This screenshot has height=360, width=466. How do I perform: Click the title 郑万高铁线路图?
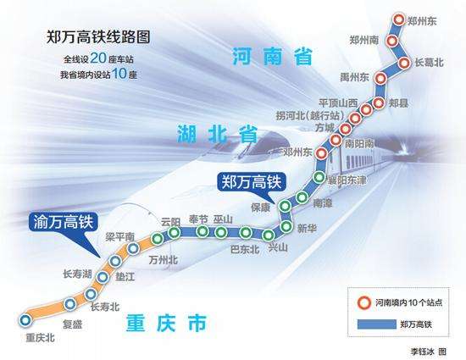click(98, 37)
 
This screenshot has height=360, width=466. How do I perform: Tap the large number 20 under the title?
click(98, 58)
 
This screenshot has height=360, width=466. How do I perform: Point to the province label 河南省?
click(272, 56)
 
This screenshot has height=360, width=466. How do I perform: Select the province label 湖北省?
click(217, 134)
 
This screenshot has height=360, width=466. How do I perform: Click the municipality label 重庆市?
click(166, 323)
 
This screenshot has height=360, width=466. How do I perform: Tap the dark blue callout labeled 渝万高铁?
click(64, 222)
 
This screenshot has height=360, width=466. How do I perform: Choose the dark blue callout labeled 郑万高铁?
click(252, 182)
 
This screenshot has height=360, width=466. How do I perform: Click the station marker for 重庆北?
click(25, 320)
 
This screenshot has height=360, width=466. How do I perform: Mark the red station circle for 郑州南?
click(392, 41)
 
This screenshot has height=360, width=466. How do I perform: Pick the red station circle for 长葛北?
click(404, 63)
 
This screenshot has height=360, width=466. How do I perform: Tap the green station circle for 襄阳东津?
click(319, 177)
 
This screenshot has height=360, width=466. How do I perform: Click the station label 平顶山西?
click(338, 103)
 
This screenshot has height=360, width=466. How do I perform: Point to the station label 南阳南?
click(359, 144)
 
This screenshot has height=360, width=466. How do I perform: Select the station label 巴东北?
click(245, 250)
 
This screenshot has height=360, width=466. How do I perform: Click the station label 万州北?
click(164, 260)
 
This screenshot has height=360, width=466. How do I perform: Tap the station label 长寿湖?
click(77, 274)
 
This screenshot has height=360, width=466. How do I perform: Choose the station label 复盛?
click(72, 324)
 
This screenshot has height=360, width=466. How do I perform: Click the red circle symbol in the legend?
click(364, 302)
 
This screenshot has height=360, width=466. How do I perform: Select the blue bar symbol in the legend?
click(376, 324)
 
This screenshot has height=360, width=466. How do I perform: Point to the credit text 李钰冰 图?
click(428, 352)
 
